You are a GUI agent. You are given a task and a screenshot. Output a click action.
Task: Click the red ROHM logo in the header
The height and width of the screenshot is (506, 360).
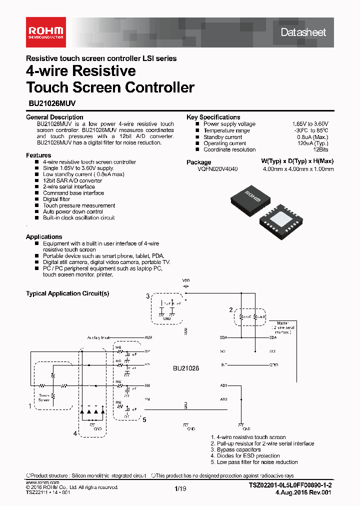(x=44, y=31)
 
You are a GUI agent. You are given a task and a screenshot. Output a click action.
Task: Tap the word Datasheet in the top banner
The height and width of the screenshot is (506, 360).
(x=303, y=32)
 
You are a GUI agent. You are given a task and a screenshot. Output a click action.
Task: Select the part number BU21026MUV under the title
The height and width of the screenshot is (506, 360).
(x=51, y=105)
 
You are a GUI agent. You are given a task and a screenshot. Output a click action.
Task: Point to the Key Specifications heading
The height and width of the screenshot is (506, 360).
(x=213, y=117)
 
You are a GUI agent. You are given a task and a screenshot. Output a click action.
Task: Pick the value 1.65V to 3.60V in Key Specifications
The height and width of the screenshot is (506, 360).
(x=310, y=124)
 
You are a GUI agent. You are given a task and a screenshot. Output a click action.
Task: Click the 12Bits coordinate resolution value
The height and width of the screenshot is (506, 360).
(x=320, y=149)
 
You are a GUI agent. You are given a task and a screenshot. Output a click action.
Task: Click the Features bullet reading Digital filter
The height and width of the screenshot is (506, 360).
(x=56, y=199)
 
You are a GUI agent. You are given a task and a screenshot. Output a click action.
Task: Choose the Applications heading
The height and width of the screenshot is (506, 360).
(x=44, y=237)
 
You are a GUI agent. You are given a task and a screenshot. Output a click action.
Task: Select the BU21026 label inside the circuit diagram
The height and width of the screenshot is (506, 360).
(x=186, y=368)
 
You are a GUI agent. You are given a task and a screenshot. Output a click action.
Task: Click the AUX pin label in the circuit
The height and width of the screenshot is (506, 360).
(x=147, y=337)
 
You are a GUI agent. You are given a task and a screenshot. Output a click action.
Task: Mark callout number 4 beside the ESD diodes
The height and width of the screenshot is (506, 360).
(x=75, y=433)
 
